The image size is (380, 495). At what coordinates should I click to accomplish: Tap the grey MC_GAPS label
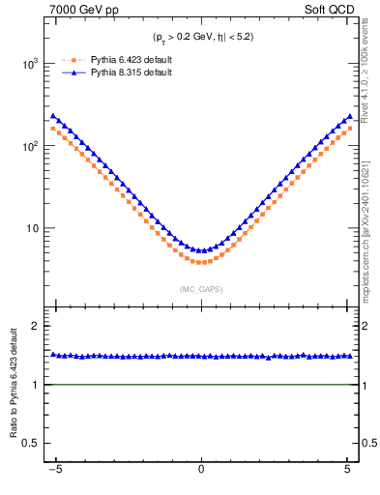click(x=201, y=289)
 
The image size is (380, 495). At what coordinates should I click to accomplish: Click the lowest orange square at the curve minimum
click(x=201, y=262)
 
